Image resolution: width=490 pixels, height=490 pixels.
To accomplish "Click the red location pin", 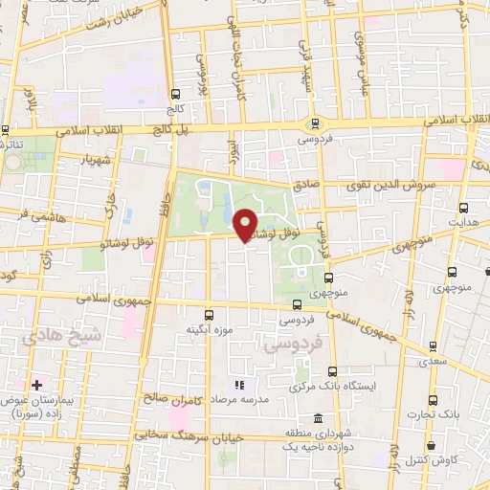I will (246, 224).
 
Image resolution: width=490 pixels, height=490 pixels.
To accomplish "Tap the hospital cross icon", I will (36, 385).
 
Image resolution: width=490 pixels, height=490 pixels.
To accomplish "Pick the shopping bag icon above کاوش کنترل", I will (433, 445).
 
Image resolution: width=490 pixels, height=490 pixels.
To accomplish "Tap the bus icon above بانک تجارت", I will (433, 400).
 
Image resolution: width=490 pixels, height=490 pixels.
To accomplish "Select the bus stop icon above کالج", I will (175, 94).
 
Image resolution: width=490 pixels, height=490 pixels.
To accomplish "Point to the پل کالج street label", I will (192, 127).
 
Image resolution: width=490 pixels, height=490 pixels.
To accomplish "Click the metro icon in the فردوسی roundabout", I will (314, 122).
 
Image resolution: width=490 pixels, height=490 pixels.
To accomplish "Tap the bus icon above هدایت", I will (463, 207).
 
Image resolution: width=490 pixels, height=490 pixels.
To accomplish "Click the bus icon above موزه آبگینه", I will (210, 313).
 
